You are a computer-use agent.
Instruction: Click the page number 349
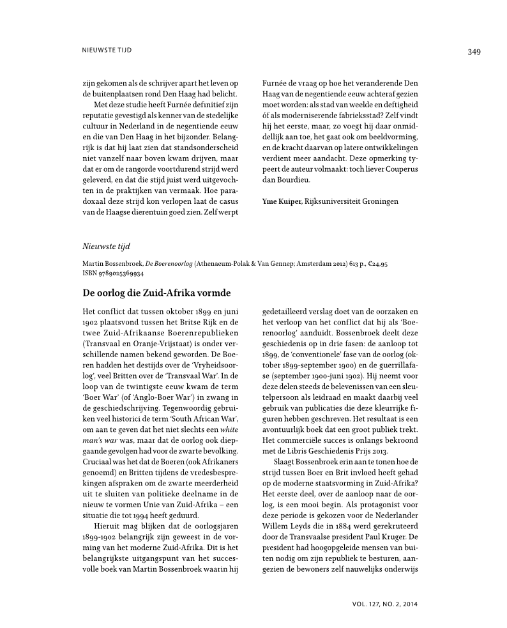[x=473, y=52]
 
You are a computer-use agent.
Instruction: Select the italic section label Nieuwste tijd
[x=107, y=247]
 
